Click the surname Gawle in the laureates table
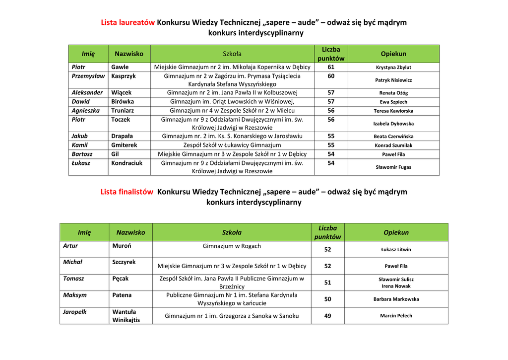[x=120, y=67]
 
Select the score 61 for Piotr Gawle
[x=331, y=67]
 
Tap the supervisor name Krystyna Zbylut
[x=393, y=68]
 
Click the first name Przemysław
[x=88, y=76]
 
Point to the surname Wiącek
[x=122, y=92]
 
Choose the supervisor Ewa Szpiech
[x=393, y=102]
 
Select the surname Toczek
[x=121, y=120]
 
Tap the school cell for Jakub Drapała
[x=232, y=136]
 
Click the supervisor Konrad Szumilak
[x=393, y=145]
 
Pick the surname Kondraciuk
[x=127, y=163]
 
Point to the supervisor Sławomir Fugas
[x=393, y=167]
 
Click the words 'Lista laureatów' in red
[x=128, y=22]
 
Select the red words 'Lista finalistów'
[x=127, y=192]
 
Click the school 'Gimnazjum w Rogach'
[x=232, y=246]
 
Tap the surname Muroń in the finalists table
[x=122, y=246]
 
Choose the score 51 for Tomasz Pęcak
[x=328, y=283]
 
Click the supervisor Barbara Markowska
[x=396, y=299]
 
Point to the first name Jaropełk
[x=75, y=312]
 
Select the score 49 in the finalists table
[x=328, y=316]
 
